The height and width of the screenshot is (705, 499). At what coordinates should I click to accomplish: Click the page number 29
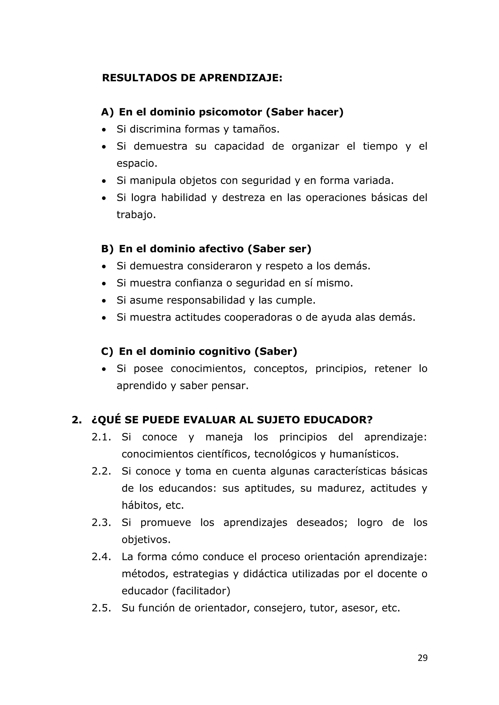[422, 666]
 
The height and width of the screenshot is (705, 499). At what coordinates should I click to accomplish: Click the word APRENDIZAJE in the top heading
[240, 78]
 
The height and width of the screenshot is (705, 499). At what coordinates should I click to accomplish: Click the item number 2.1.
[101, 437]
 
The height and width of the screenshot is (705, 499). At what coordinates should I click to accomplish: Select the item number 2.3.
[101, 523]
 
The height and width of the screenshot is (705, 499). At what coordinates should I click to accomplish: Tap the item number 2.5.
[101, 608]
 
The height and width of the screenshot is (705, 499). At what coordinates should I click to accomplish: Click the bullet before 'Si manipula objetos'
[104, 181]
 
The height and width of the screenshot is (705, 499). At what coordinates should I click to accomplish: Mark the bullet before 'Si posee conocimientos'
[104, 369]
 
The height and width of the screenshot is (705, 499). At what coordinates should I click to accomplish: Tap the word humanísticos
[364, 454]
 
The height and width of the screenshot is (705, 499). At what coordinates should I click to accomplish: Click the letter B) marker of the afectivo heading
[107, 249]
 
